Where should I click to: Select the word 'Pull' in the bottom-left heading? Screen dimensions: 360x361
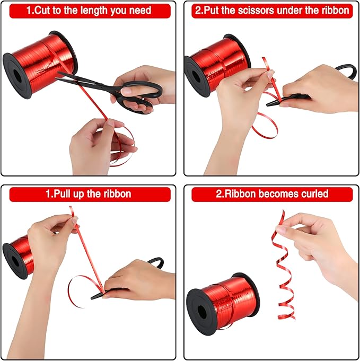tap(62, 194)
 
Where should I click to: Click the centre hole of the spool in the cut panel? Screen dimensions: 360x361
tap(17, 76)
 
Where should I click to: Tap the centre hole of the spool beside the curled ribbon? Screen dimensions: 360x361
tap(202, 312)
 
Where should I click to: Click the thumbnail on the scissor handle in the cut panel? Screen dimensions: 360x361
tap(126, 91)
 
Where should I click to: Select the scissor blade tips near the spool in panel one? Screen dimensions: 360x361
tap(58, 76)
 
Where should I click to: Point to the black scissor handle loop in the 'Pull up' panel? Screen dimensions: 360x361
tap(156, 262)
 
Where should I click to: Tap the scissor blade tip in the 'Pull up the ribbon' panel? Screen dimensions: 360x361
tap(92, 298)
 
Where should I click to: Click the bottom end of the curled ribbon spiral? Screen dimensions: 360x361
tap(294, 319)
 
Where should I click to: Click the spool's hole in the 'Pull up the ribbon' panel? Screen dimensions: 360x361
tap(15, 262)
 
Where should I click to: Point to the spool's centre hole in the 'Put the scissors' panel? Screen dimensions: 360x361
tap(196, 76)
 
